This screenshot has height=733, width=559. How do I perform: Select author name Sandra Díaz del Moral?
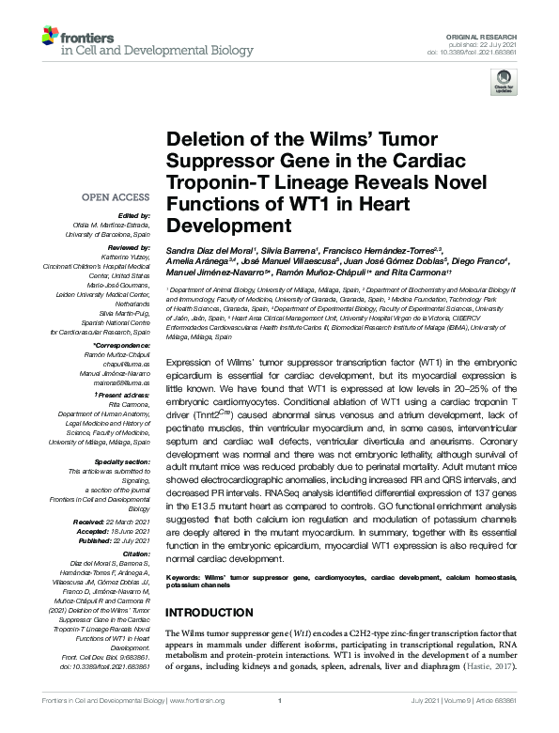(203, 253)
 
